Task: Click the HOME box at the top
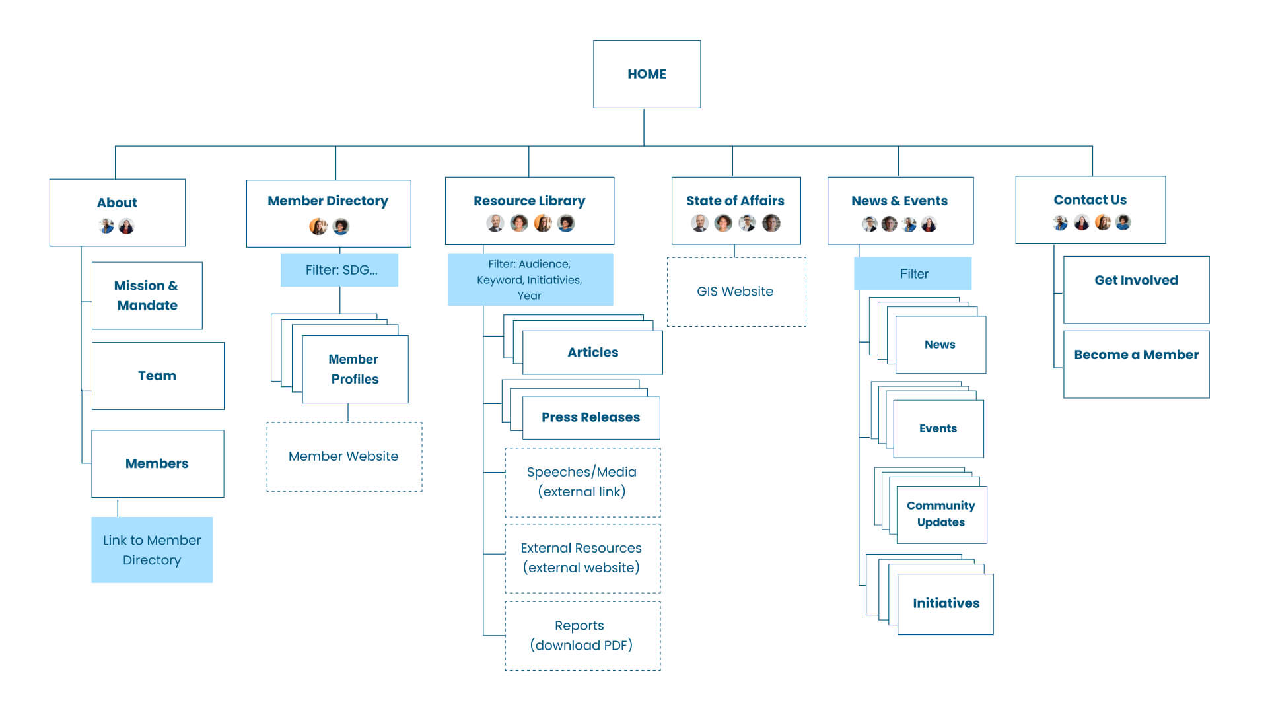point(647,74)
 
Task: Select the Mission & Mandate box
point(147,296)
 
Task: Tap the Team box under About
point(157,376)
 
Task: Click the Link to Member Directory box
point(152,550)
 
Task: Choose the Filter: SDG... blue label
point(339,270)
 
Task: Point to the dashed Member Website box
point(344,457)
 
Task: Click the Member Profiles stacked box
point(355,369)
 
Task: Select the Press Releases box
point(591,417)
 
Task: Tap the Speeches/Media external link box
point(582,482)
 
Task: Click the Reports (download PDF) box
point(582,635)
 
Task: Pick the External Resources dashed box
point(582,558)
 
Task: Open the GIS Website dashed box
point(736,292)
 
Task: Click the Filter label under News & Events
point(913,274)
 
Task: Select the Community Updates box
point(941,514)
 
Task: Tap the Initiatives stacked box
point(945,603)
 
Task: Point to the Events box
point(938,428)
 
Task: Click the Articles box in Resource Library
point(592,353)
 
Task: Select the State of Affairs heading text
point(735,201)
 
